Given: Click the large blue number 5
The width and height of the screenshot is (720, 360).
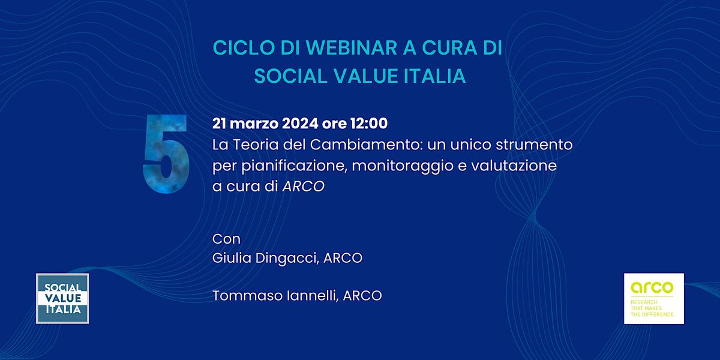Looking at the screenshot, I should click(x=166, y=154).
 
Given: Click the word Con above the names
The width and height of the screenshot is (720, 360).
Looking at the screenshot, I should click(x=226, y=239).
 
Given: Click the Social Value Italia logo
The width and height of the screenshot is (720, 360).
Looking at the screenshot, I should click(x=62, y=298).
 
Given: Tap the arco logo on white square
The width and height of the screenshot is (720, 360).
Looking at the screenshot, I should click(x=653, y=298).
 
